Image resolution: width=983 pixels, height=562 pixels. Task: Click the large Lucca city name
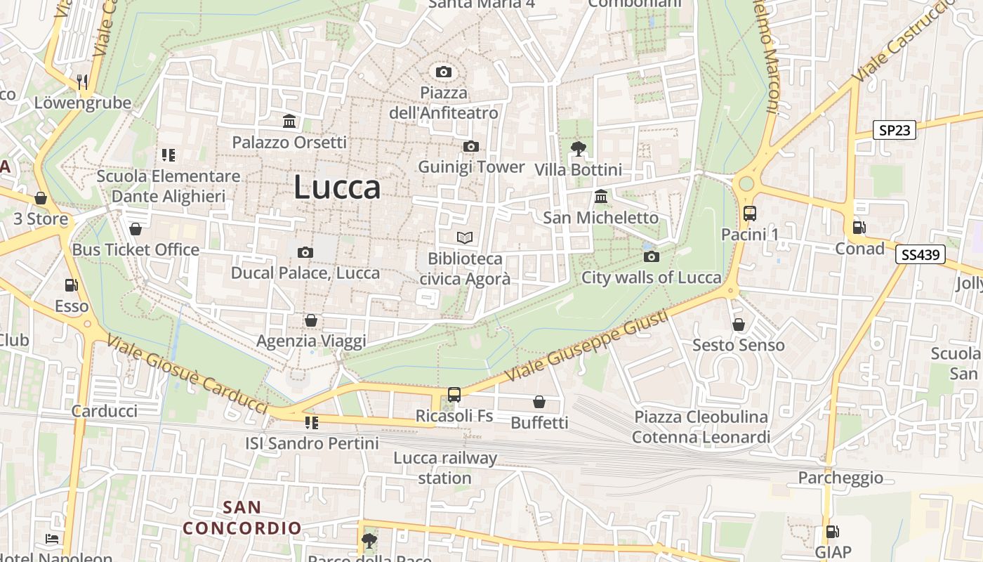337,187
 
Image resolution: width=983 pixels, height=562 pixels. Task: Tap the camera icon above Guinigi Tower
471,146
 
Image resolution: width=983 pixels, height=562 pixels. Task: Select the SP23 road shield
895,130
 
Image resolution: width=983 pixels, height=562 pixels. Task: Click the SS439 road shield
920,254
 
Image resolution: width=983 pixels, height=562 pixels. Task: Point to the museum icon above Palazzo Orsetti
289,121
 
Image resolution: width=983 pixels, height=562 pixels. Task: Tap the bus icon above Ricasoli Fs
454,395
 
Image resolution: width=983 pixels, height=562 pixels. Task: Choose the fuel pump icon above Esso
71,285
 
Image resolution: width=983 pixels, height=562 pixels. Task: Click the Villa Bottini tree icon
578,148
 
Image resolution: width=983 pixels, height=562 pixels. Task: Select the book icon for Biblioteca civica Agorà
465,237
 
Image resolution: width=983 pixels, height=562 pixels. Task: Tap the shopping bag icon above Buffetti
539,401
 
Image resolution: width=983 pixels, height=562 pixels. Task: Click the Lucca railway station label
444,468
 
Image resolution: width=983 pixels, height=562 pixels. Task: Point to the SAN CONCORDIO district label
242,517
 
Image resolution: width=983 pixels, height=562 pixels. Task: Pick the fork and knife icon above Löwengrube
83,81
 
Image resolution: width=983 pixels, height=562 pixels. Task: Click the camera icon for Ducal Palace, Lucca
305,252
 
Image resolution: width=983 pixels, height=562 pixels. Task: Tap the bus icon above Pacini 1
750,213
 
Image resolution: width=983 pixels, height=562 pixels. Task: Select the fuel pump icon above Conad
859,227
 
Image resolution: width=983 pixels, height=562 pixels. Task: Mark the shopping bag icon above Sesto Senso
738,324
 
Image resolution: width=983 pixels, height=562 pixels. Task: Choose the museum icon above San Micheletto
601,196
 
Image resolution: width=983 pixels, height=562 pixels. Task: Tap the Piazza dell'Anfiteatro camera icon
443,72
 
